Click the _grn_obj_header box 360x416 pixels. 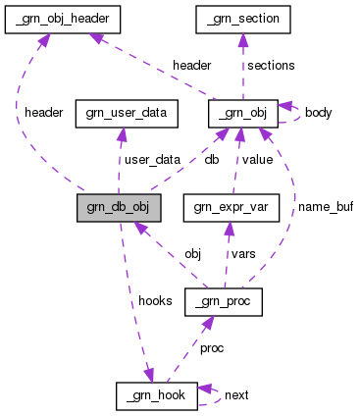(x=63, y=18)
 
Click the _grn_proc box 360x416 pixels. (x=223, y=301)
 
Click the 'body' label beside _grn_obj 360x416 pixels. (x=318, y=113)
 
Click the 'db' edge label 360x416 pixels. (x=211, y=159)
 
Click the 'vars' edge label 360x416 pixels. (x=243, y=253)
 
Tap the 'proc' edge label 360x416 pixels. (x=213, y=348)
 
